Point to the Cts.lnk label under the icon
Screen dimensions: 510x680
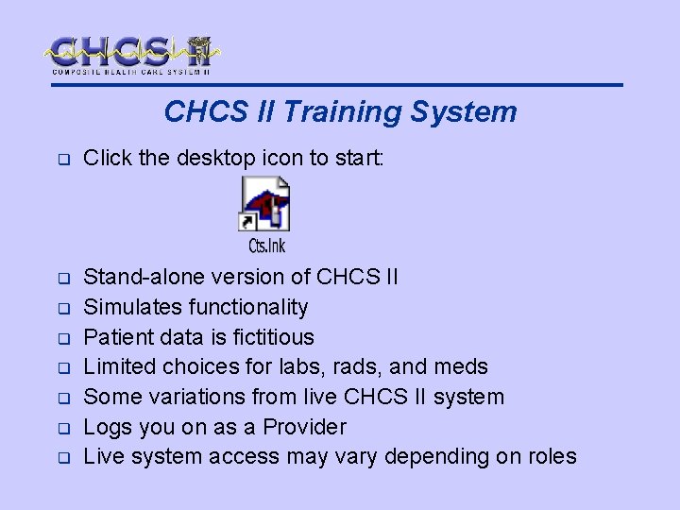[266, 246]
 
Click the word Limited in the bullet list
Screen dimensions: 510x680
[119, 367]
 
